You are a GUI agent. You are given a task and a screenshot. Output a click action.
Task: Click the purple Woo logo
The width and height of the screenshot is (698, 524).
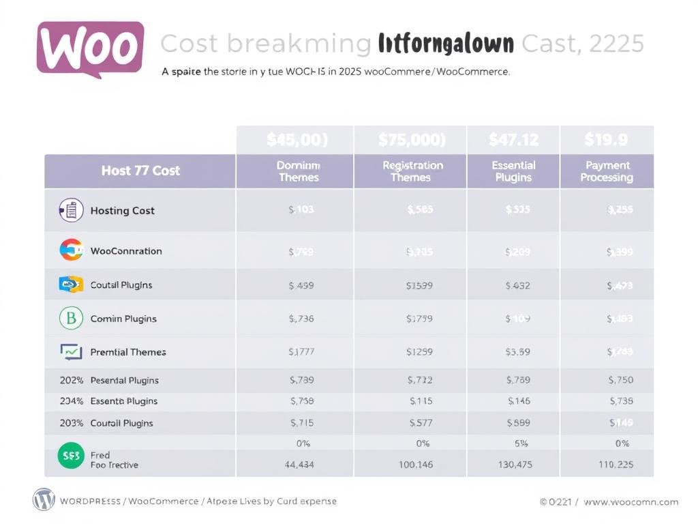[x=91, y=48]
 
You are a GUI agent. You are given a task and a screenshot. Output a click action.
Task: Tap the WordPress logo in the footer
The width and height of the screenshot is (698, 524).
[x=44, y=499]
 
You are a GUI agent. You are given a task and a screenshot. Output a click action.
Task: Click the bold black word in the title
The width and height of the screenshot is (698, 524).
[x=445, y=44]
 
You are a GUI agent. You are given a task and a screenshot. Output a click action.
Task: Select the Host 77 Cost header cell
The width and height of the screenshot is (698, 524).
[x=140, y=171]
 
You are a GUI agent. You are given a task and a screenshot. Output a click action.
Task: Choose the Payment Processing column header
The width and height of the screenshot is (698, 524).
[x=607, y=171]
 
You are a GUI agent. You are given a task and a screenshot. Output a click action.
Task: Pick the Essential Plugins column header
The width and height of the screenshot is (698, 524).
[x=513, y=171]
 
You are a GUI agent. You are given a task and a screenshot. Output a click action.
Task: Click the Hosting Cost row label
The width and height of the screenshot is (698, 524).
[x=122, y=211]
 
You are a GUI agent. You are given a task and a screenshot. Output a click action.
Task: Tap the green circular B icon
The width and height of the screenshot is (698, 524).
[x=70, y=318]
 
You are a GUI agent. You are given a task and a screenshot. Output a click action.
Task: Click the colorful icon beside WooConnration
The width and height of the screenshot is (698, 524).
[x=71, y=250]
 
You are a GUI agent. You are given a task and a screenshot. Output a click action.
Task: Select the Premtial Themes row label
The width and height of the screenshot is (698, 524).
[x=128, y=352]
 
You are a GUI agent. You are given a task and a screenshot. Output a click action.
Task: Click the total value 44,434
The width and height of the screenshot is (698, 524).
[x=299, y=465]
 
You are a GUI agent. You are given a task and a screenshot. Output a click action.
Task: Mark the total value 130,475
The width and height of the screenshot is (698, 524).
[x=515, y=465]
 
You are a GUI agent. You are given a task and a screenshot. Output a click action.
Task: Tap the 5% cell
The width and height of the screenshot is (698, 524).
[x=521, y=443]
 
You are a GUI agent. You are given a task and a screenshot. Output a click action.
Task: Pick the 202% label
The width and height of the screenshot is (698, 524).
[x=71, y=380]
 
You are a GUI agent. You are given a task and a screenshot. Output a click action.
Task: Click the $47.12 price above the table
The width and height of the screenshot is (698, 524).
[x=513, y=140]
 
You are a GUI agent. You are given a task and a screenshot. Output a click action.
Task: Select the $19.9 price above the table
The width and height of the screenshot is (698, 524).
[x=605, y=140]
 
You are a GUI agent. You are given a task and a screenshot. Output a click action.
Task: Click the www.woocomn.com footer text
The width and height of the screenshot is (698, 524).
[x=631, y=501]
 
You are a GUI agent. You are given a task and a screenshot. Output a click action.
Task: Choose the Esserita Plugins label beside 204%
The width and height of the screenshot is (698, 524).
[x=123, y=401]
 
